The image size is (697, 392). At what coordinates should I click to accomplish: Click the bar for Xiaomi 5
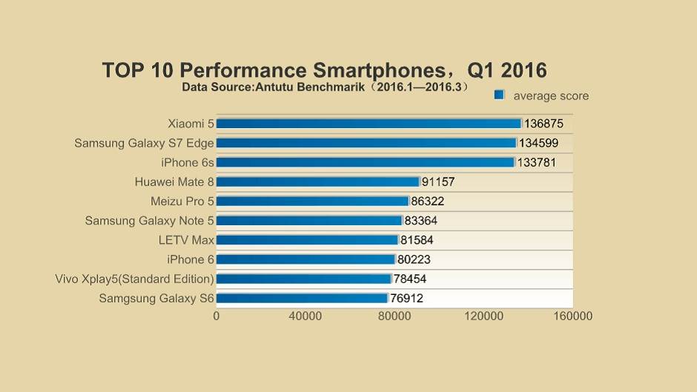[369, 124]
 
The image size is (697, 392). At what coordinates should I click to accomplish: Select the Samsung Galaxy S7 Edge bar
[366, 143]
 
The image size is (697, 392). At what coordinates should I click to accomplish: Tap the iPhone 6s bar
[365, 162]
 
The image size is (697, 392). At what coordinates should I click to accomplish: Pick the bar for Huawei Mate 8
[317, 182]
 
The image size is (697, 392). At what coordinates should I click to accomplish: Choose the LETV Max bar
[307, 240]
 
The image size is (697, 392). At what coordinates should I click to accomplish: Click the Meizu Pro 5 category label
[182, 201]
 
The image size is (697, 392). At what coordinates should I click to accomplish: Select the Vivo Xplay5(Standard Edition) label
[134, 279]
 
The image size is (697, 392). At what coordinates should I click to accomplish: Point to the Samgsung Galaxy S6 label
[156, 299]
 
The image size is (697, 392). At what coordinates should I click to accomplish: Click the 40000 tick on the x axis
[305, 316]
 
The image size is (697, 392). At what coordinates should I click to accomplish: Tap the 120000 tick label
[483, 316]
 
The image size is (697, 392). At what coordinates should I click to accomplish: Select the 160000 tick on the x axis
[572, 316]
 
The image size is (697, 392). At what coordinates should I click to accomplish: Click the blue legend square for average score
[499, 95]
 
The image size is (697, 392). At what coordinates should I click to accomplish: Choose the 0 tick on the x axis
[216, 316]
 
